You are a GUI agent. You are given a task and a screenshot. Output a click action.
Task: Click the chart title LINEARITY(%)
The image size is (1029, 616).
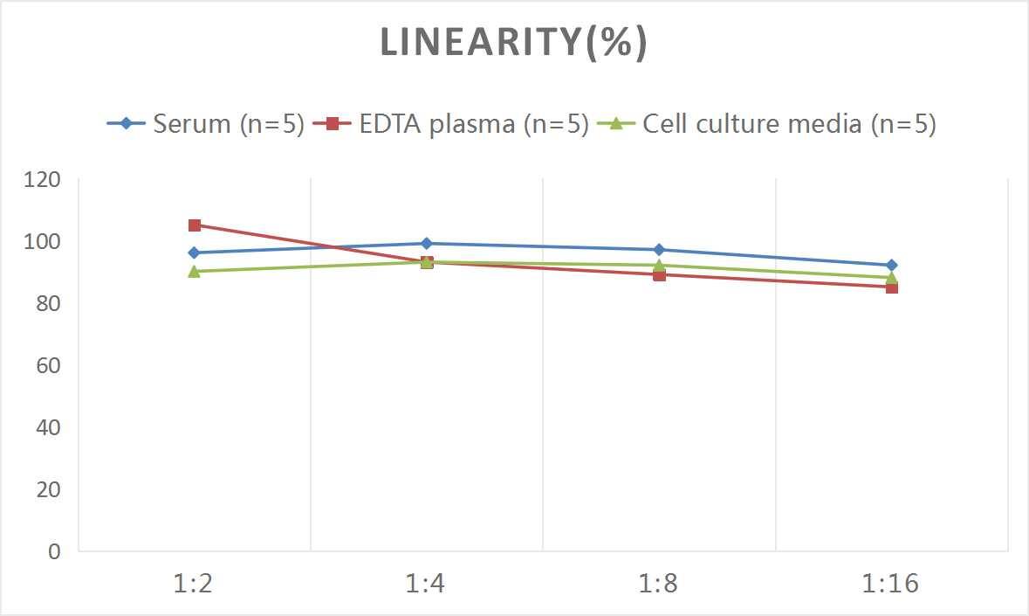coord(513,43)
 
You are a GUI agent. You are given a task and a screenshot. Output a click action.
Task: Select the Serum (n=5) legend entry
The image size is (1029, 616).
coord(206,124)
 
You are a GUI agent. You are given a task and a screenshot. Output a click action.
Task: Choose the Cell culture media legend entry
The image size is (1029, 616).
coord(768,124)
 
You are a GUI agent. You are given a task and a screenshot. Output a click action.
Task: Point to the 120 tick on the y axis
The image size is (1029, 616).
coord(42,180)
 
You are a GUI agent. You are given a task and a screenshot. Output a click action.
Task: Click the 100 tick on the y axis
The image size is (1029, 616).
coord(42,242)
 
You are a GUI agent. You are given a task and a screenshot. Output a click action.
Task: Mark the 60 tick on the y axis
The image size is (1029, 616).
coord(47,365)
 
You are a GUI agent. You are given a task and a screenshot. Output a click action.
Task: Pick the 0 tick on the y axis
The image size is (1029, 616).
coord(54,551)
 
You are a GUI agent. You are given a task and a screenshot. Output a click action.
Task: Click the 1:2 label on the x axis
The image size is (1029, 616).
coord(194,584)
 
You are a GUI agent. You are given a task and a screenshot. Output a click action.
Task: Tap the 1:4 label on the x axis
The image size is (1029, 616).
coord(426,584)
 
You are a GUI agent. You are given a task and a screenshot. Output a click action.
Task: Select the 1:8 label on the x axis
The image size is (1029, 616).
coord(659,584)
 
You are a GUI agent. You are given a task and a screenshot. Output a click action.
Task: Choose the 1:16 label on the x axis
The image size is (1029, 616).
coord(891,584)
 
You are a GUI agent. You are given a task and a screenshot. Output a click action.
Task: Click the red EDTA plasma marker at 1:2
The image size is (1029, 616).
coord(195,225)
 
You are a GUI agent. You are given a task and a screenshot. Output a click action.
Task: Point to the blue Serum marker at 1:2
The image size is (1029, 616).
coord(195,253)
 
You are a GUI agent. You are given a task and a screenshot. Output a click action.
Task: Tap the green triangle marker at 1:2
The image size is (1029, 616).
coord(195,271)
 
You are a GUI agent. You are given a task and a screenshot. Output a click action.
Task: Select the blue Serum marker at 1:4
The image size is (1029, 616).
coord(427,244)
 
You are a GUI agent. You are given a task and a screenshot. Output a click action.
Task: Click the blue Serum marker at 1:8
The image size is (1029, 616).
coord(659,250)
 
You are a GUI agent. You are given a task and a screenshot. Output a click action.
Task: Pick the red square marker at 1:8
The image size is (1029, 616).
coord(659,275)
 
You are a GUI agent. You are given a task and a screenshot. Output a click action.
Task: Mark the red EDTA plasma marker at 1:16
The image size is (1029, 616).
coord(891,287)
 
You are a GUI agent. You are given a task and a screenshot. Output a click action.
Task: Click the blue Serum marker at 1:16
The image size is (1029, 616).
coord(891,266)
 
